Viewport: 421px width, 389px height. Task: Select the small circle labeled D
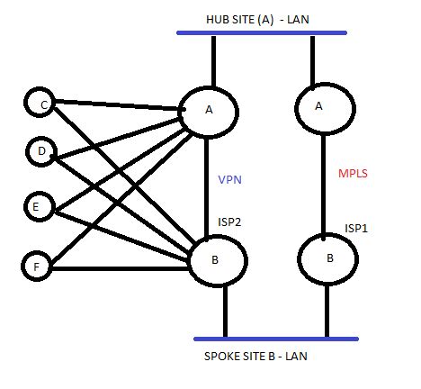41,151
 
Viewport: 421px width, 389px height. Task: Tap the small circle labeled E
36,206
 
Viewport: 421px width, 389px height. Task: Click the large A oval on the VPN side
209,111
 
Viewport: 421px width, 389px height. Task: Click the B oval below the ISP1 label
329,258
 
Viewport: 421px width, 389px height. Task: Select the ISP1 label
357,229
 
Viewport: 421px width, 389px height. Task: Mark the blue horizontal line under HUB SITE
261,34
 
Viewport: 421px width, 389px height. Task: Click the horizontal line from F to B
117,267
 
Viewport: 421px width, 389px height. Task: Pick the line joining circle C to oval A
117,107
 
